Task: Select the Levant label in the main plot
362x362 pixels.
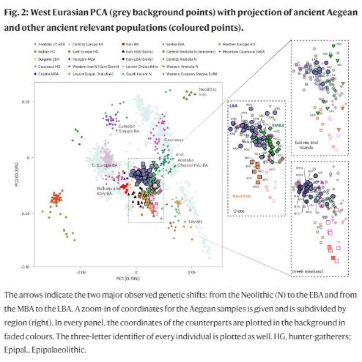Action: click(195, 221)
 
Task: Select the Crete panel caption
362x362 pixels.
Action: click(233, 211)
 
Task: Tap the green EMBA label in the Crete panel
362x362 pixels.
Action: click(277, 124)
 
